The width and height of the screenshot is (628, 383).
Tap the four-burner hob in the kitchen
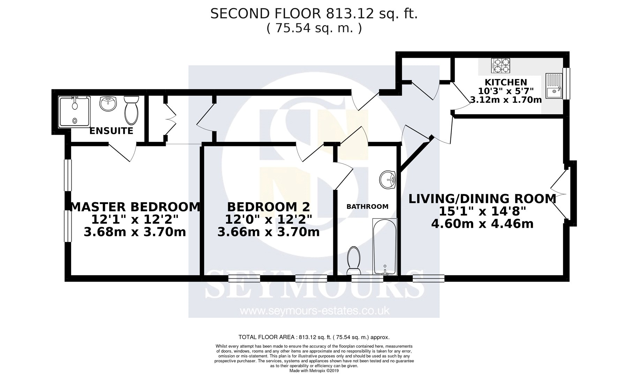pos(501,66)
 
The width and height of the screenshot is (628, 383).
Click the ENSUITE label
pos(111,131)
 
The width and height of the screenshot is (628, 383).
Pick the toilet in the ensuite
pos(132,110)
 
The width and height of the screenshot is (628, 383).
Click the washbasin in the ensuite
pos(108,104)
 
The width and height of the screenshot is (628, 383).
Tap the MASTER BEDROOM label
pos(136,207)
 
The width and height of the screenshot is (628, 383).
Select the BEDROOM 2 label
pos(268,207)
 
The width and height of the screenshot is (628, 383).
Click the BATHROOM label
pos(367,207)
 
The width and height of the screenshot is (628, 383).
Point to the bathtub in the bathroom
pos(385,246)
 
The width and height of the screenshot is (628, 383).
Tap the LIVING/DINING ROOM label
pos(483,199)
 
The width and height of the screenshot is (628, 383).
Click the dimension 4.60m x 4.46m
pos(483,223)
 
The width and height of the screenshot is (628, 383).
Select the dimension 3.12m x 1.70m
pos(506,100)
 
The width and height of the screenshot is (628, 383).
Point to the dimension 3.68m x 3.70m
pos(135,231)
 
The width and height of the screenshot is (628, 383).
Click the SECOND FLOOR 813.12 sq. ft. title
pos(314,14)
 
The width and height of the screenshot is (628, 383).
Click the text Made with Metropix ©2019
pos(314,371)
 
